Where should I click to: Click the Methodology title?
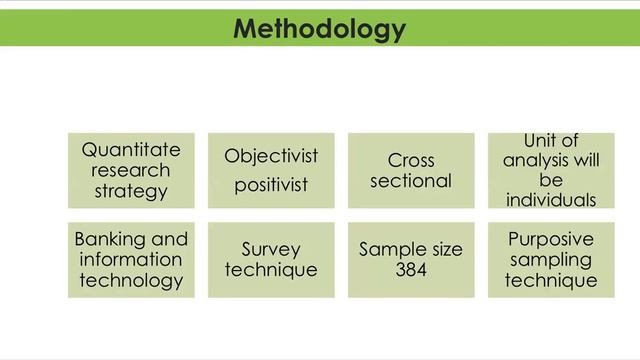point(319,28)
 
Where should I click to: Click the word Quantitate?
point(131,150)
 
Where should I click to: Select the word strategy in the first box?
point(131,190)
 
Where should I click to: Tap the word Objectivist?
point(271,156)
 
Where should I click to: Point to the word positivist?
point(271,184)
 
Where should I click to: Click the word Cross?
point(411,161)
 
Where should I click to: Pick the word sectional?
point(411,181)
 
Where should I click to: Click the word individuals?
point(551,200)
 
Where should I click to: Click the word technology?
point(131,280)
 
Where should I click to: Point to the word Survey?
point(271,250)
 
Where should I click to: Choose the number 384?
point(411,270)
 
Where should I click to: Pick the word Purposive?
point(551,240)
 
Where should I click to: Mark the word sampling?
point(551,260)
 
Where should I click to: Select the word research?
point(131,170)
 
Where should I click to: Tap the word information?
point(131,260)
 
